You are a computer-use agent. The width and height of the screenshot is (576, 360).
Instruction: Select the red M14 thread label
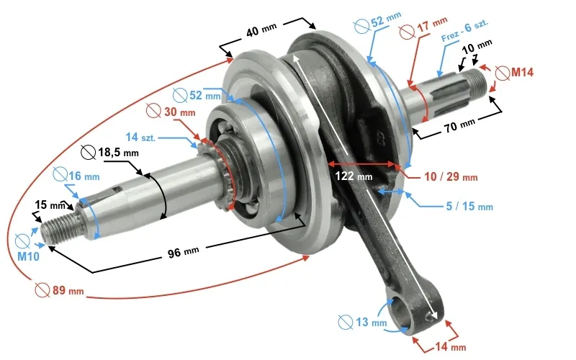coord(522,72)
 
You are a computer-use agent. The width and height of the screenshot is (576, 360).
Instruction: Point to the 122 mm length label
coord(354,176)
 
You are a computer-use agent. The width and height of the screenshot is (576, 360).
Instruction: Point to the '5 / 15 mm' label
coord(469,207)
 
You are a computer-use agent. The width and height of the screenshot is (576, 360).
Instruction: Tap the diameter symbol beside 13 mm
coord(345,322)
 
